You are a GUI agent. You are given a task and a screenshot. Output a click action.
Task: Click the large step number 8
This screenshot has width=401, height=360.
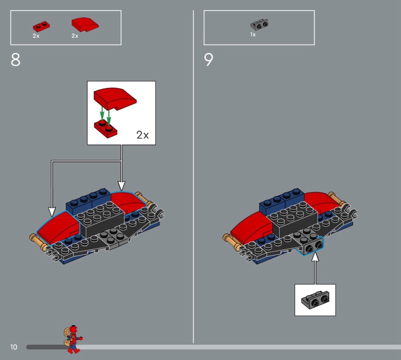point(16,60)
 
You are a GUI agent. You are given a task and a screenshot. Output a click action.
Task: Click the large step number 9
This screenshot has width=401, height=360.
point(209,60)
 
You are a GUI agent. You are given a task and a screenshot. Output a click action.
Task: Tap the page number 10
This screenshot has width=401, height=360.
point(14,347)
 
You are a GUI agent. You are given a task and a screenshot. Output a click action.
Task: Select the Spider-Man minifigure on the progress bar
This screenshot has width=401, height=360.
point(72,339)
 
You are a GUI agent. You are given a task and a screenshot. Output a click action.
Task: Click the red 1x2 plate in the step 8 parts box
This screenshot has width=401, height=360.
point(41,27)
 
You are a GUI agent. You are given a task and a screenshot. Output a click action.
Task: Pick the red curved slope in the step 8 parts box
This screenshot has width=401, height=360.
point(85,25)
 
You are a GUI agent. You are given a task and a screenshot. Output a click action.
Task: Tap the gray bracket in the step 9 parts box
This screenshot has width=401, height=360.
point(259,25)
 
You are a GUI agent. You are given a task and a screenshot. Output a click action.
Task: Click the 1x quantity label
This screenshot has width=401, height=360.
point(253,35)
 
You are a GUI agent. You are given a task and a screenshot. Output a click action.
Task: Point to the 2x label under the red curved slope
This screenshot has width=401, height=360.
point(75,36)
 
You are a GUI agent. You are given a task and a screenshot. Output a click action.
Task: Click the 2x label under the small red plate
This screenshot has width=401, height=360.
point(36,36)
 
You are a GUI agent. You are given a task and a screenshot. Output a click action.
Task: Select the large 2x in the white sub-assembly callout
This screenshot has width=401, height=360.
point(142,135)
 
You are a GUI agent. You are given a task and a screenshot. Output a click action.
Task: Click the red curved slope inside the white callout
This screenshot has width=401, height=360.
point(115,98)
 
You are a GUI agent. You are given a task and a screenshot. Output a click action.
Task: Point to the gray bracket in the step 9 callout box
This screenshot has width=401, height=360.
point(315,300)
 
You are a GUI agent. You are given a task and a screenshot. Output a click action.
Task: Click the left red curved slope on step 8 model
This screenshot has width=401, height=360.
point(58,227)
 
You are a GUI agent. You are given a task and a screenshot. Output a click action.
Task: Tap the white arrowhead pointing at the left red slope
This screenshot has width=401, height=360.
point(52,212)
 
